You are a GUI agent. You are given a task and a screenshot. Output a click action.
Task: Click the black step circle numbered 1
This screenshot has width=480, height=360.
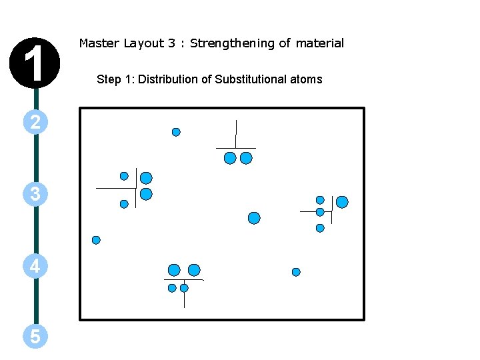[x=35, y=61]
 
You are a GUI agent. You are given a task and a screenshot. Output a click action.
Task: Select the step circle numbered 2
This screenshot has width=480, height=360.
[x=35, y=121]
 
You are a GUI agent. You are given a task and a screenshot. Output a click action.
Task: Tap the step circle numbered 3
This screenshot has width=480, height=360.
[x=35, y=194]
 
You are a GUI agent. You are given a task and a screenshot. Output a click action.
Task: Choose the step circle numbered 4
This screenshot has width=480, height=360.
[x=35, y=267]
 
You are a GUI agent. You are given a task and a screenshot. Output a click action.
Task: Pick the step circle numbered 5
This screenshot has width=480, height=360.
[x=35, y=337]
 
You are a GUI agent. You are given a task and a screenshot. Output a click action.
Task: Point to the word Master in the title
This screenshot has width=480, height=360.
[x=99, y=43]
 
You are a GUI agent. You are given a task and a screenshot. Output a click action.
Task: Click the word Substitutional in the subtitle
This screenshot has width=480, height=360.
[x=249, y=79]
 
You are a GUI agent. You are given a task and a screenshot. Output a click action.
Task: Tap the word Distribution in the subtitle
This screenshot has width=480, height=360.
[x=168, y=79]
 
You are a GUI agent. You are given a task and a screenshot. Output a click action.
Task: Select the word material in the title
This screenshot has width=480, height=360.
[x=320, y=43]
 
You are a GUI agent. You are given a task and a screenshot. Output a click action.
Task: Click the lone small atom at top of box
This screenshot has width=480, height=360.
[x=176, y=132]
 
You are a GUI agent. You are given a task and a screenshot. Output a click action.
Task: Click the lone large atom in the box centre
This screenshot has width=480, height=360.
[x=254, y=218]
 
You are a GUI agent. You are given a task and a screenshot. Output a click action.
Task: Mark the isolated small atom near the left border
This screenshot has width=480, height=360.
[x=96, y=240]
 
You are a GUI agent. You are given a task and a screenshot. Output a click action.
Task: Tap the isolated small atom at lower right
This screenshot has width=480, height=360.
[x=296, y=272]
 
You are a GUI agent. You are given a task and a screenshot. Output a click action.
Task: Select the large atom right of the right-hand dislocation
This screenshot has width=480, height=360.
[x=342, y=202]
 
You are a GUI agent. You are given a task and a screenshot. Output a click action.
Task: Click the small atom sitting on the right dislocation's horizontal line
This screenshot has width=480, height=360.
[x=320, y=212]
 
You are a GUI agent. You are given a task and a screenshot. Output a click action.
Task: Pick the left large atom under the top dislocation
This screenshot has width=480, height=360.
[x=230, y=158]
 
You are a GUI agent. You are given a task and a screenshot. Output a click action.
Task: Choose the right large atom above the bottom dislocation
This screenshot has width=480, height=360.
[x=194, y=270]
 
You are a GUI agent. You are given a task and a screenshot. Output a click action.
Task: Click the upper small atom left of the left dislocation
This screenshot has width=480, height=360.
[x=124, y=177]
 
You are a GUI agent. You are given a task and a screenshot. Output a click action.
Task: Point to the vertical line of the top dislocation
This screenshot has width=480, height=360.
[x=236, y=133]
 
